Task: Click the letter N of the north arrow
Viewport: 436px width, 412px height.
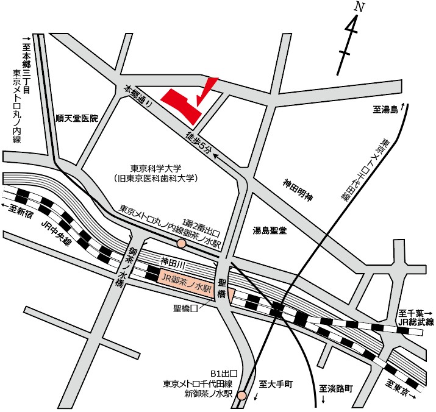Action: [x=360, y=8]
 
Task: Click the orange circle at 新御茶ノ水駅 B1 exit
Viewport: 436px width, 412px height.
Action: [x=243, y=396]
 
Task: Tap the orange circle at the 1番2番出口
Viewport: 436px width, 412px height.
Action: [x=181, y=244]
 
